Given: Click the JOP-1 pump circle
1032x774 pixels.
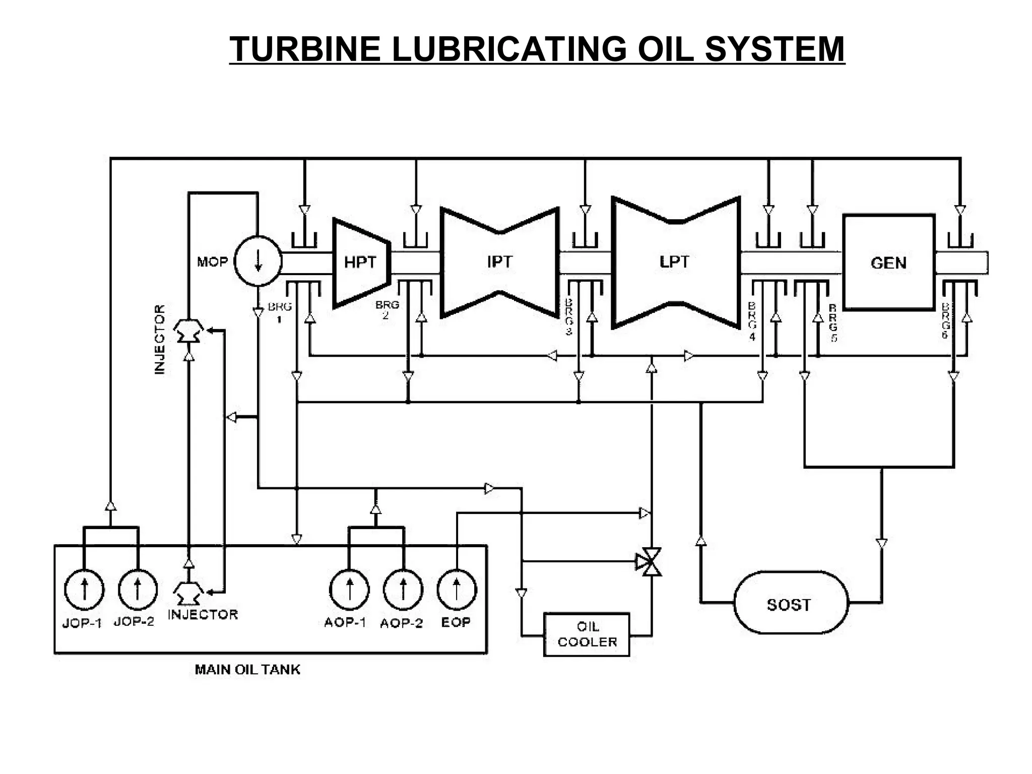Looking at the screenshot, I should point(84,590).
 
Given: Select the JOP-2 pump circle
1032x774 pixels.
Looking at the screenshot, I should point(138,590).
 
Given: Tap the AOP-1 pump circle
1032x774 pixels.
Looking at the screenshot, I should point(349,590).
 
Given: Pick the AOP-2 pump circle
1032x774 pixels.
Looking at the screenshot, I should point(403,590).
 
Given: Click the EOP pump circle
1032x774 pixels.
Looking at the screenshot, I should point(456,590).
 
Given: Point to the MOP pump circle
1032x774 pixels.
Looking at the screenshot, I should point(258,262).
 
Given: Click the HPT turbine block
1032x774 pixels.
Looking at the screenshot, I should point(360,263).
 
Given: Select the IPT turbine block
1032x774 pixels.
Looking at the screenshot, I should point(499,263).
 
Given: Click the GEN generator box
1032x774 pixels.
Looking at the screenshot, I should point(889,263).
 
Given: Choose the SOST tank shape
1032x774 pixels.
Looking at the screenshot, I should point(791,604).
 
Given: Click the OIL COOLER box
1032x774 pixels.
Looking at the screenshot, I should point(587,634).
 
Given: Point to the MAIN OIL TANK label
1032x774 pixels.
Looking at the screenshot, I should point(247,670).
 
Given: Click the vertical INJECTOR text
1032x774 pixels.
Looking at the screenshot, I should point(160,339).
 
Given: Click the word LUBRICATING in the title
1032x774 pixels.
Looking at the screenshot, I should point(507,49).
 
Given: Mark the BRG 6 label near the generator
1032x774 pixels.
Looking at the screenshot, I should point(945,320).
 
